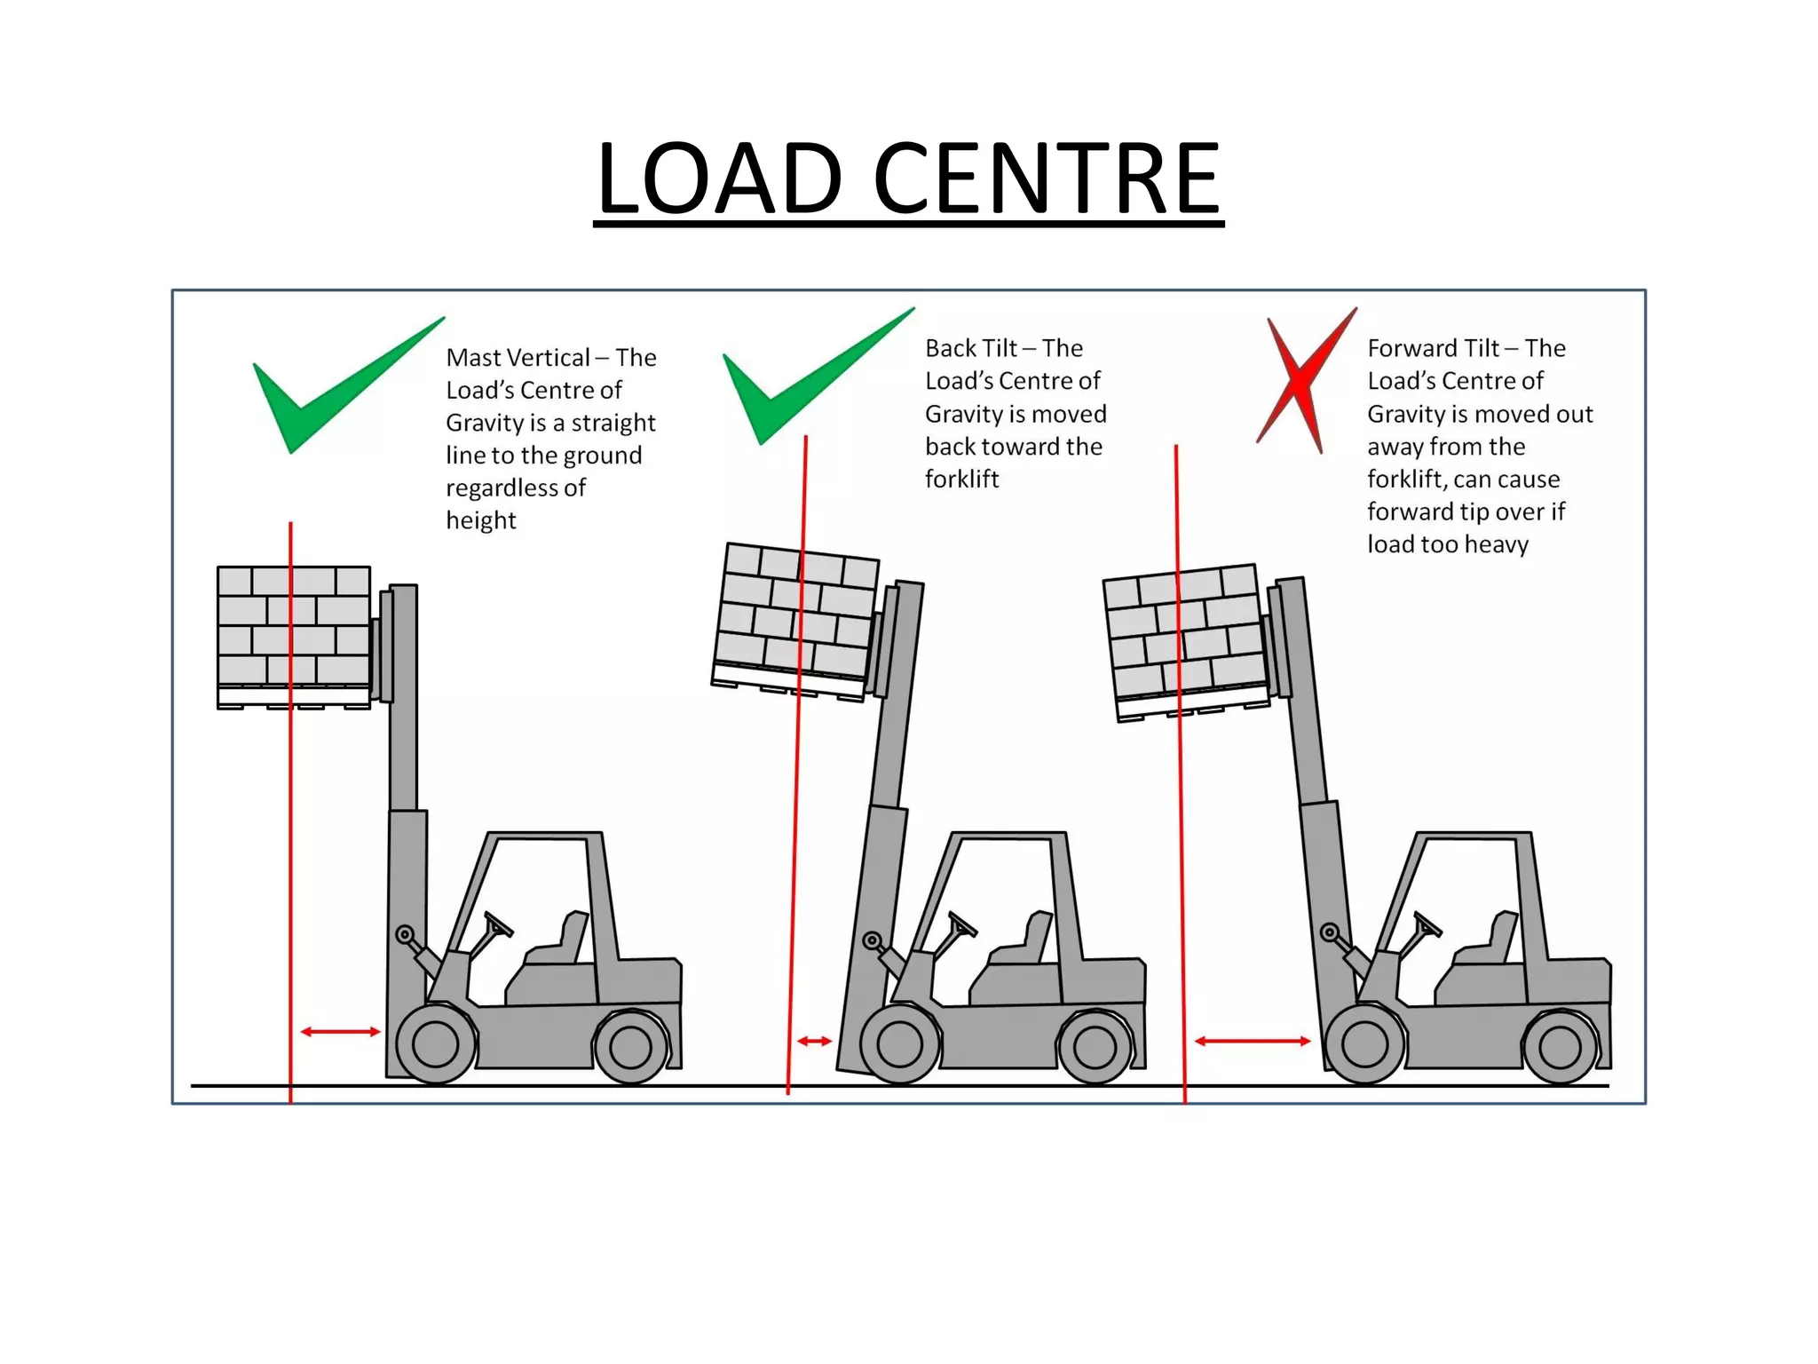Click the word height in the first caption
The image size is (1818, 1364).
[480, 520]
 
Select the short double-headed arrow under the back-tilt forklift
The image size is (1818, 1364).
[814, 1041]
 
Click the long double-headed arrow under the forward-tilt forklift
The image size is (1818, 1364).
[1252, 1041]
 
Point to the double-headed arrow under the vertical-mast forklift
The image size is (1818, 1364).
[340, 1031]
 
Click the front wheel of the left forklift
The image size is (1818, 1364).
[435, 1044]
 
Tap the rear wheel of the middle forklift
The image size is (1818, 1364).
[1094, 1048]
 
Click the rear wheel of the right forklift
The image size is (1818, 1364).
[1560, 1048]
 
